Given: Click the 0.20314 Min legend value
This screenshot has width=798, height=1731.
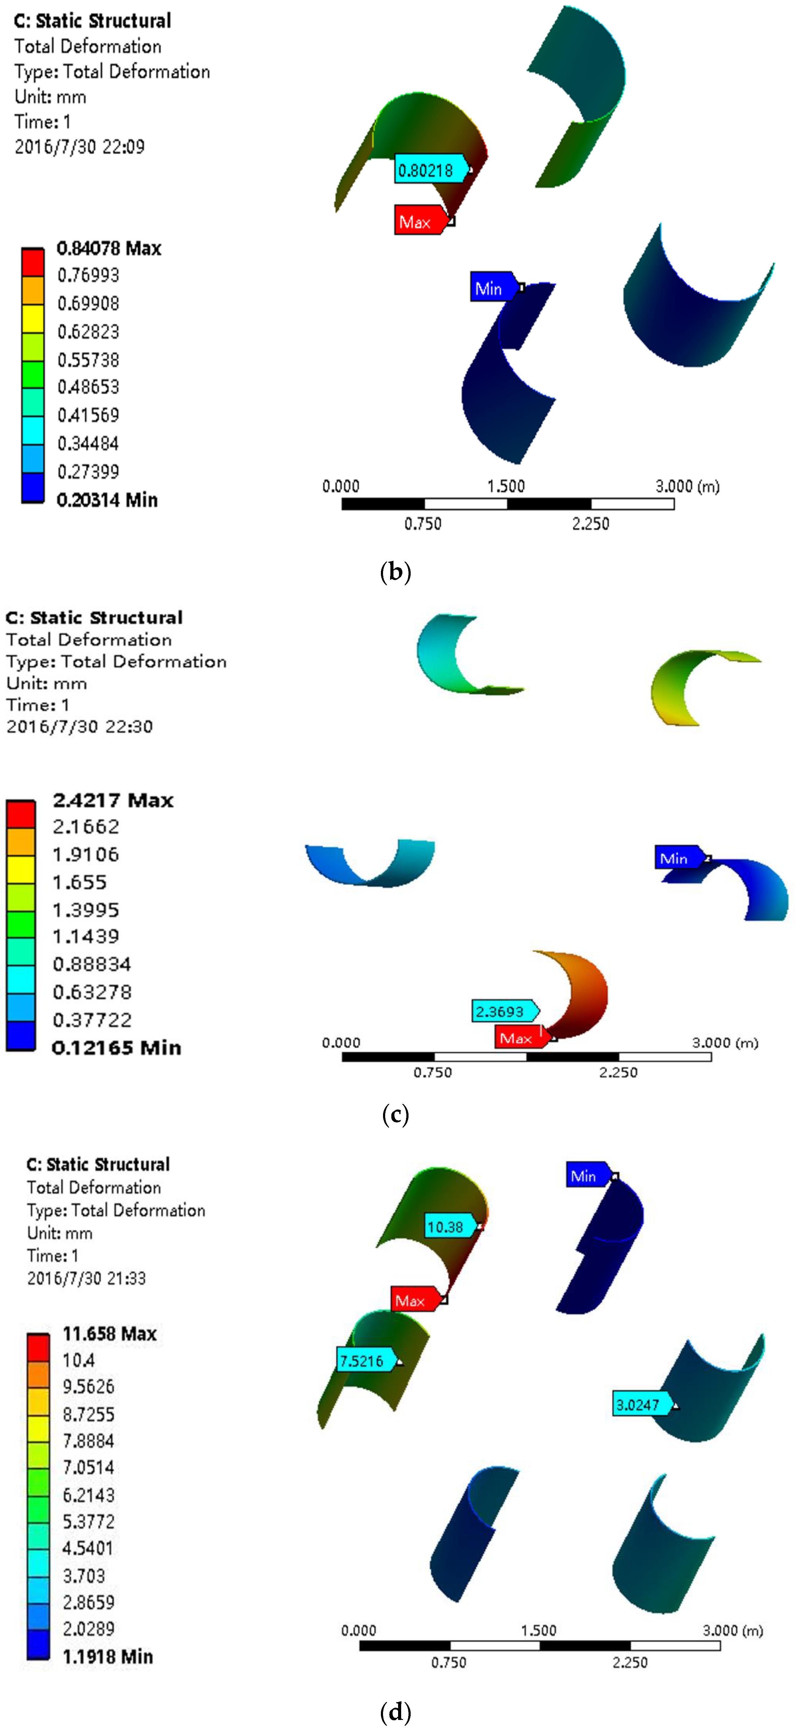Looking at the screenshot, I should coord(107,500).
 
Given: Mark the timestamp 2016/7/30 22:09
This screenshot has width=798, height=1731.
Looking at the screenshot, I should coord(79,147).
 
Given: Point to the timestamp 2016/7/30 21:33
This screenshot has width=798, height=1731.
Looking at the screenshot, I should coord(86,1278).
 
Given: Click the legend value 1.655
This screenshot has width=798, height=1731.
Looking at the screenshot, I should coord(79,882).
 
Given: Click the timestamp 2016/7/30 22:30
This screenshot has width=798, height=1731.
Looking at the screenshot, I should coord(79,726).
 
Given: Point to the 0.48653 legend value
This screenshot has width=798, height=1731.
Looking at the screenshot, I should coord(88,387).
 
